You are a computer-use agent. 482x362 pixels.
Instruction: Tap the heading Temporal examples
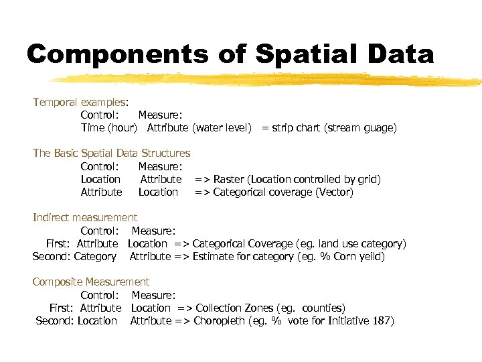pyautogui.click(x=80, y=102)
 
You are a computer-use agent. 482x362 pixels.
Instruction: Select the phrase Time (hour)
pyautogui.click(x=108, y=127)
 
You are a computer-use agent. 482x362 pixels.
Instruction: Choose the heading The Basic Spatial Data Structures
pyautogui.click(x=111, y=153)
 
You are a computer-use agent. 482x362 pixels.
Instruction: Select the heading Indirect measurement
pyautogui.click(x=85, y=217)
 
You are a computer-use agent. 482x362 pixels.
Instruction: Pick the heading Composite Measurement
pyautogui.click(x=91, y=282)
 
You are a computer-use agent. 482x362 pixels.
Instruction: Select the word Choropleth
pyautogui.click(x=219, y=320)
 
